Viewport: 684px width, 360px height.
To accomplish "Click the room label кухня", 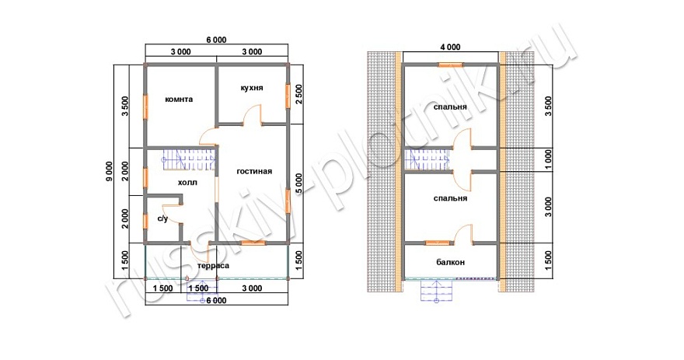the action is point(252,88).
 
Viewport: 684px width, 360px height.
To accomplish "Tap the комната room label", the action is point(179,99).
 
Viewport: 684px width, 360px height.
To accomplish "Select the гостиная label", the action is point(254,172).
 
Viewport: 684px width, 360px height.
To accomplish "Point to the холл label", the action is point(187,183).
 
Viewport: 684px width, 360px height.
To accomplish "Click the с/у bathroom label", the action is point(162,218).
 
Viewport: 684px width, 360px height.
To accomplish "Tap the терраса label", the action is point(213,265).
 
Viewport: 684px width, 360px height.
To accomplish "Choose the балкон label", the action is point(451,262).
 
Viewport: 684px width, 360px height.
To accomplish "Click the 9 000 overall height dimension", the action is point(109,172).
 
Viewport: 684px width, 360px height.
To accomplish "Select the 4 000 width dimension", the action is point(451,47).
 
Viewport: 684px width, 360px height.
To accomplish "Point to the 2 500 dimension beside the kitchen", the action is point(298,94).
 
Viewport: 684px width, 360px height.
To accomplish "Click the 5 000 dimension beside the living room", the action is point(298,183).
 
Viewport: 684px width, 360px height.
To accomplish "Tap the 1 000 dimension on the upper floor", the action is point(548,159).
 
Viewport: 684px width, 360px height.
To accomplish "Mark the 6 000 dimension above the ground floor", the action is point(216,40).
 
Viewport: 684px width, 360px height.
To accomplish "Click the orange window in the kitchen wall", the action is point(288,95).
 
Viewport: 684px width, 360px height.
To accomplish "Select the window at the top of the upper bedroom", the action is point(451,65).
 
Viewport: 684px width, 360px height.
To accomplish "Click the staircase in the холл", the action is point(190,159).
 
